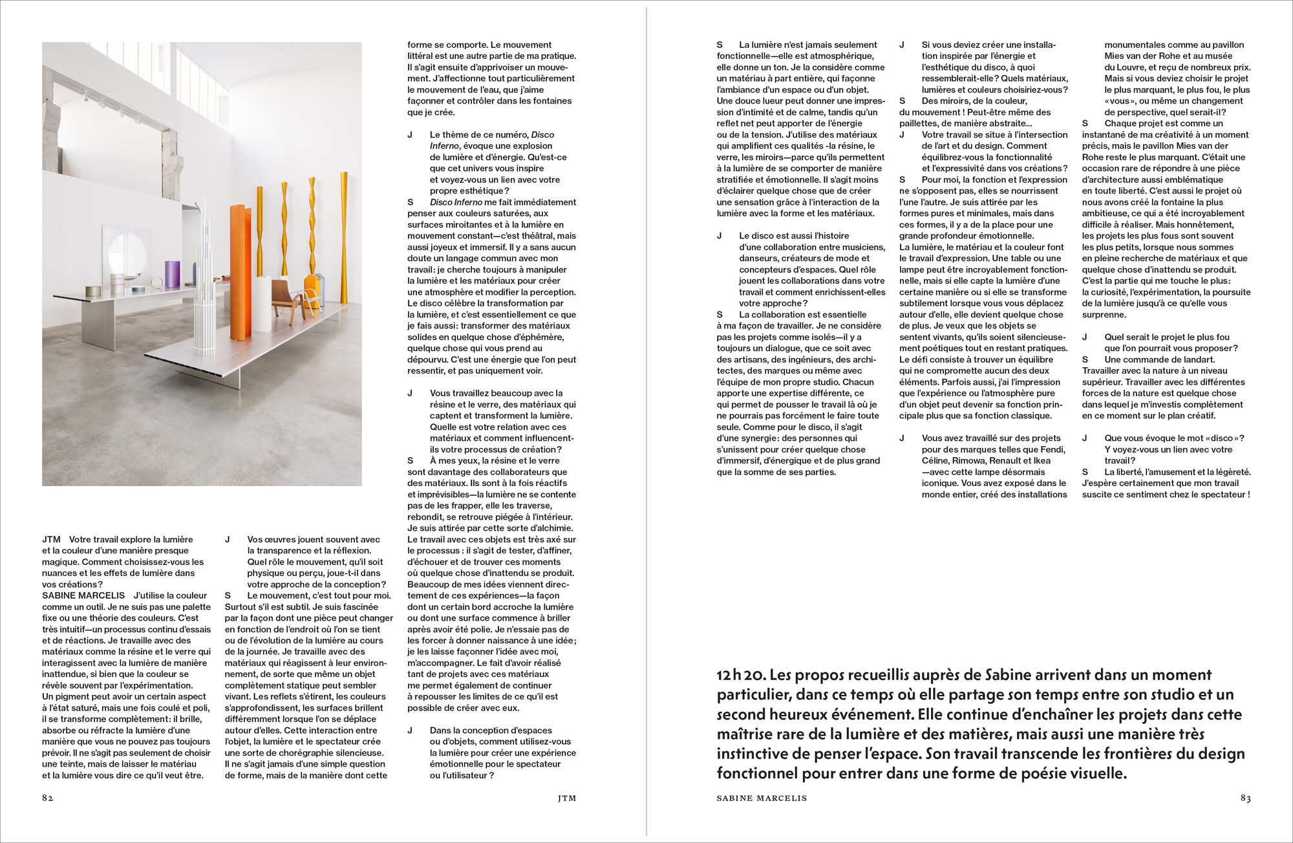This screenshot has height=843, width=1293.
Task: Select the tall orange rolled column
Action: point(240,272)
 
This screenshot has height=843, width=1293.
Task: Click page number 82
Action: point(47,798)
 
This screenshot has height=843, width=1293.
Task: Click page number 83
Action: point(1245,798)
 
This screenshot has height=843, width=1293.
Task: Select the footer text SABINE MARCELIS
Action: point(762,798)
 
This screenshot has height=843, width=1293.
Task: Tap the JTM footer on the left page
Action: point(566,798)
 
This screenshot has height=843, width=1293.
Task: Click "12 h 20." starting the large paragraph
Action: point(741,675)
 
